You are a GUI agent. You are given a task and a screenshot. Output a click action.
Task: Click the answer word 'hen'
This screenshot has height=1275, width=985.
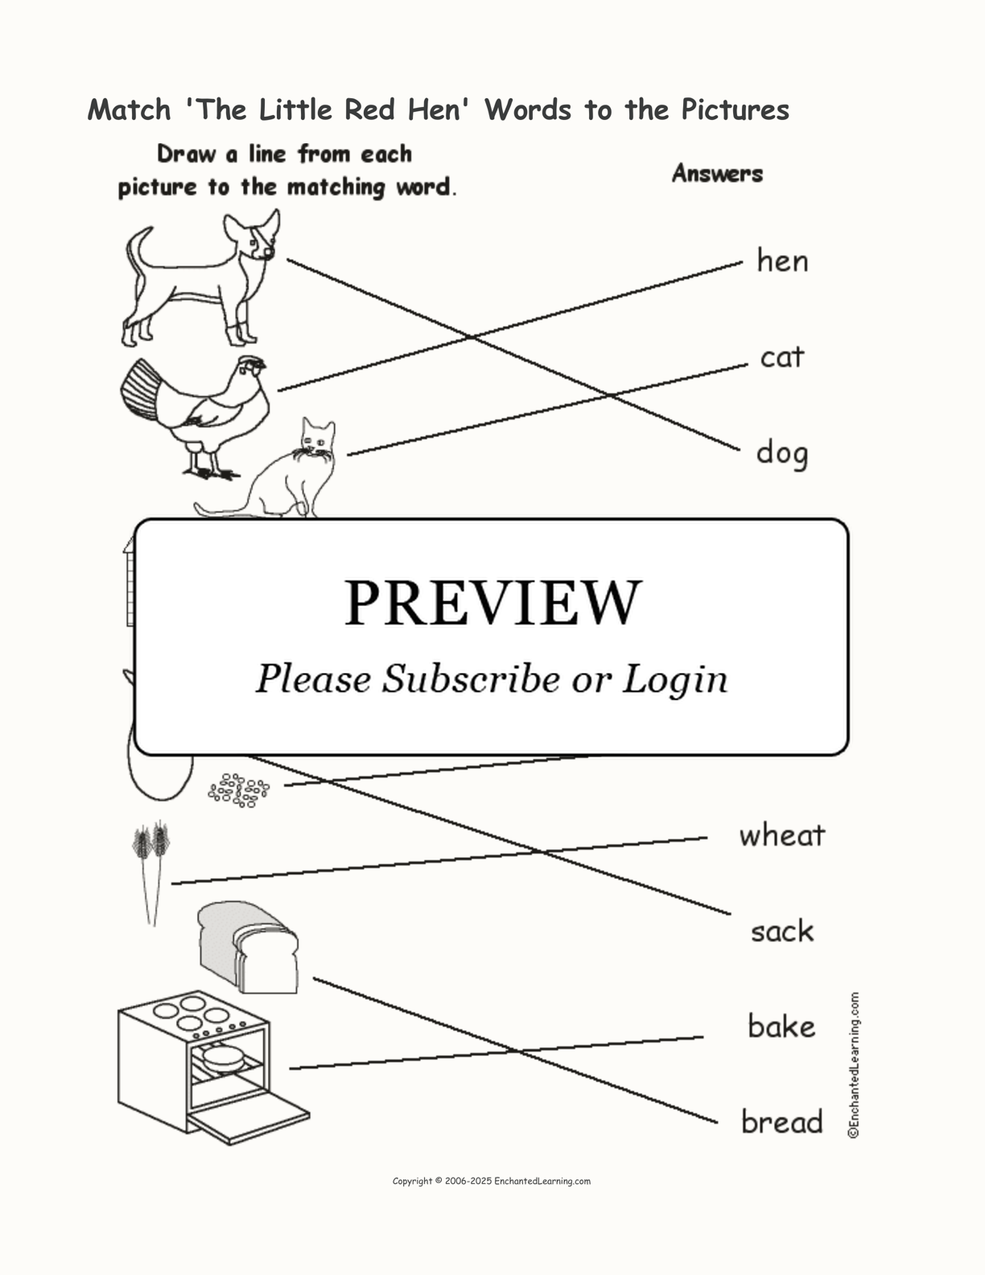(x=782, y=261)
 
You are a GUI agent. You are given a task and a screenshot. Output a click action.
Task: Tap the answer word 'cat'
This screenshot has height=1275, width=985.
(x=782, y=357)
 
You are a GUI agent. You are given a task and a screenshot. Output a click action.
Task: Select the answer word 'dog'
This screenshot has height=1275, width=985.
(x=782, y=453)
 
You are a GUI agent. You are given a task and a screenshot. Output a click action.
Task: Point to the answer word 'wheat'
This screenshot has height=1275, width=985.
(x=782, y=836)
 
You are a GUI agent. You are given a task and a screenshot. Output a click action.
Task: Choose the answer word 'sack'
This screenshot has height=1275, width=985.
(x=782, y=931)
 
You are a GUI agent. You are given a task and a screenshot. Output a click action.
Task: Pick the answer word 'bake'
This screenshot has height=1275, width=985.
(x=782, y=1026)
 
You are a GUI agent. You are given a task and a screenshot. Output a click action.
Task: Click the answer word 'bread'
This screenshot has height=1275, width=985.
(x=782, y=1121)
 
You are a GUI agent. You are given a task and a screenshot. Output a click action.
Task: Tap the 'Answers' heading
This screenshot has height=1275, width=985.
(x=718, y=173)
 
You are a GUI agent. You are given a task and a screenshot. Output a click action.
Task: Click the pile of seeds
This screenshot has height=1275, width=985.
(x=239, y=790)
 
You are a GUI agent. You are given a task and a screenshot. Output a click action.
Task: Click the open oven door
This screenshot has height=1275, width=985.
(x=248, y=1118)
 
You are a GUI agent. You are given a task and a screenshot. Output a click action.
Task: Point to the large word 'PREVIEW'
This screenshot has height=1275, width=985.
(x=492, y=603)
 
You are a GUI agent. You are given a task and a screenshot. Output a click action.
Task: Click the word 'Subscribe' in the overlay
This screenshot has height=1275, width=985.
(x=471, y=679)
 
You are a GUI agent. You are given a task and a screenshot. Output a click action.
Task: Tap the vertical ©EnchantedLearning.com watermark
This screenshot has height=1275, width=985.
(x=854, y=1065)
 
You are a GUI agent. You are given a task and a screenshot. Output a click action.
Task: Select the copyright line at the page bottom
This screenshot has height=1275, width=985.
(x=492, y=1181)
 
